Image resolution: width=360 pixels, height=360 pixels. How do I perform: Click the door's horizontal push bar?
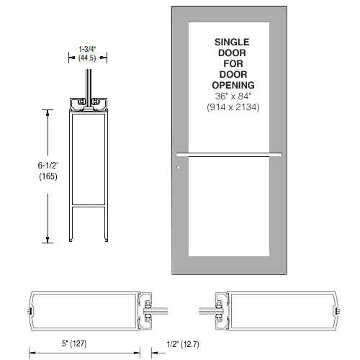(x=228, y=153)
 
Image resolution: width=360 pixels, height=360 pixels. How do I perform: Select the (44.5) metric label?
(x=88, y=59)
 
